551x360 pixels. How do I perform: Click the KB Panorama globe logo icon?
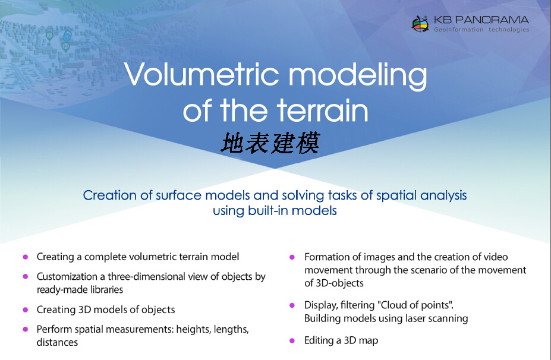point(420,24)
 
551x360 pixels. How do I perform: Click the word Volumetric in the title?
point(203,74)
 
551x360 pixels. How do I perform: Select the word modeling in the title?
point(358,76)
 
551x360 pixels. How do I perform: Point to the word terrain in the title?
point(323,110)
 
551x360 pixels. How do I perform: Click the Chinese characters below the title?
point(270,143)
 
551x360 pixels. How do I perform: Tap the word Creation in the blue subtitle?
point(109,195)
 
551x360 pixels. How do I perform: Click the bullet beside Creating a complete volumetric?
point(26,257)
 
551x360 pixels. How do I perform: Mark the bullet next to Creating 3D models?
point(26,310)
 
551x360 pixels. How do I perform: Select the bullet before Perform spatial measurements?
point(26,330)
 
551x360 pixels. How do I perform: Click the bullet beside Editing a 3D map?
point(292,340)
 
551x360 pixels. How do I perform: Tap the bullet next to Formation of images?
point(292,257)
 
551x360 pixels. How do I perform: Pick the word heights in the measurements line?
point(192,330)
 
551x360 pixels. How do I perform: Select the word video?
point(496,257)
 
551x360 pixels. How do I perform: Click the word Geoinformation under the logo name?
point(459,30)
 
